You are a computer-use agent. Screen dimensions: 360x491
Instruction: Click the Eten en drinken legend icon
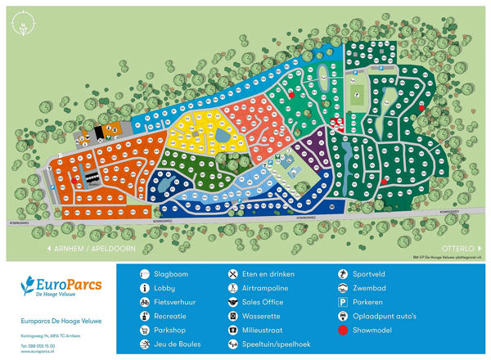click(x=233, y=274)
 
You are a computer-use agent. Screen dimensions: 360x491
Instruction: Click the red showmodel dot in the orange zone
click(x=77, y=180)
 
